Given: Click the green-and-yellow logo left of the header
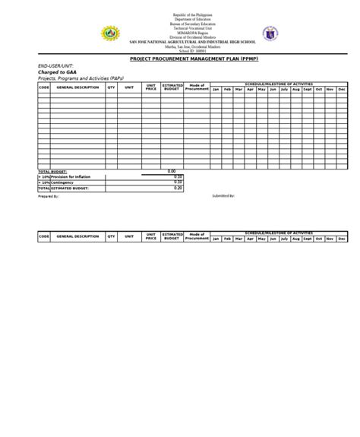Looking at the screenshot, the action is coord(109,34).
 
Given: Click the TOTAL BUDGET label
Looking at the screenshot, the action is coord(52,172).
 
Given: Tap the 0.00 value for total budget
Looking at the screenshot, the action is coord(171,172).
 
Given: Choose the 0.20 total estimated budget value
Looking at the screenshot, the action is coord(178,188).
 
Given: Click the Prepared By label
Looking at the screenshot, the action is coord(48,195).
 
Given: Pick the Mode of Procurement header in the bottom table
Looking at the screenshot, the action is coord(197,236).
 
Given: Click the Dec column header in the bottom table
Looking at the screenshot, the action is coord(330,239).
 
